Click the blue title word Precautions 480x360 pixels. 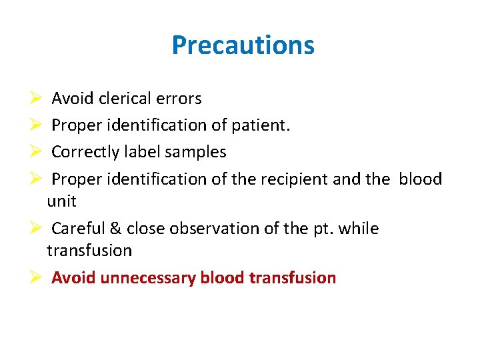243,45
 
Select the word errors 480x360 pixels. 179,99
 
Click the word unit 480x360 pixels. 61,201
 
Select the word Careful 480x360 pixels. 78,229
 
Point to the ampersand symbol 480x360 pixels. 115,229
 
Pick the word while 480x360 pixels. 359,229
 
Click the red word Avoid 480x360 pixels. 73,277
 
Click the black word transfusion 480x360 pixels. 89,251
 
